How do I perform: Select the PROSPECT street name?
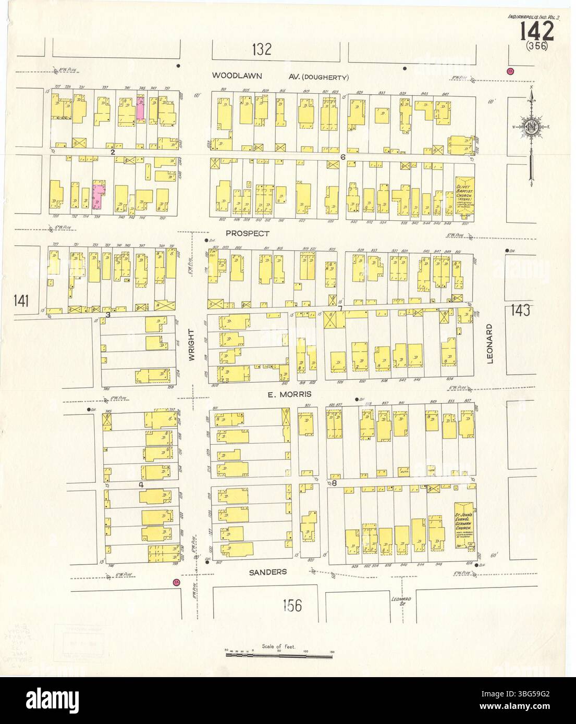point(248,234)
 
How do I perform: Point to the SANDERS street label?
point(267,572)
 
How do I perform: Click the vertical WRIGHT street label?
point(191,349)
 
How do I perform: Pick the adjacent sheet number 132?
point(261,50)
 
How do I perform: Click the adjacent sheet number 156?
point(292,605)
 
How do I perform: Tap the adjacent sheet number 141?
point(22,300)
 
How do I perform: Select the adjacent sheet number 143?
point(520,310)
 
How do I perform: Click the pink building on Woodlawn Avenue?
point(140,108)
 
